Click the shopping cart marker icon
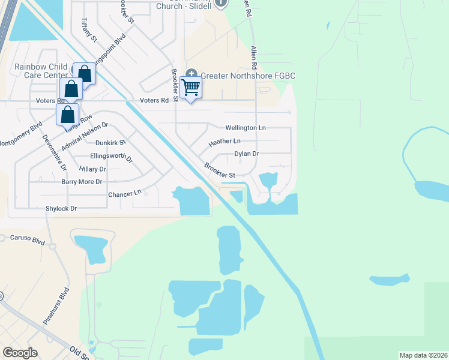tap(190, 87)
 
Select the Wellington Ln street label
tap(245, 128)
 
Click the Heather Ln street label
tap(224, 142)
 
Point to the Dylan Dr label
tap(246, 154)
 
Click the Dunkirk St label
tap(110, 143)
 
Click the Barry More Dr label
tap(82, 181)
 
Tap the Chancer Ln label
tap(124, 193)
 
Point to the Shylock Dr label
tap(61, 208)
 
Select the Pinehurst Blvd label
tap(56, 306)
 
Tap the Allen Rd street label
tap(253, 57)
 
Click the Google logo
tap(20, 352)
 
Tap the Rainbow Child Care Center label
tap(37, 71)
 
